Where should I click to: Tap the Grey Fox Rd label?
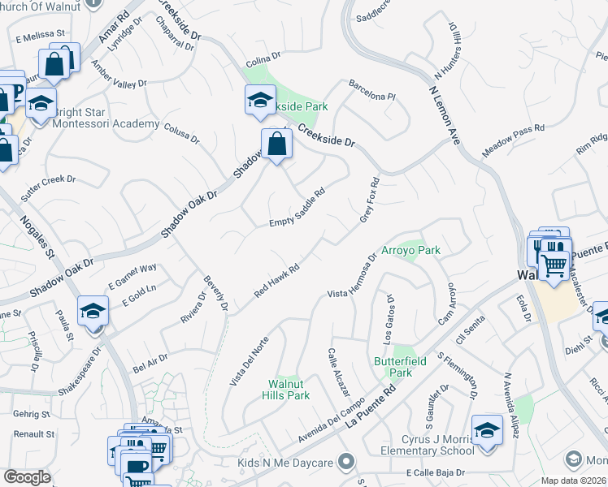point(370,202)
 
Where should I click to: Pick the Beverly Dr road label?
point(215,291)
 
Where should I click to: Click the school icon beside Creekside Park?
point(260,101)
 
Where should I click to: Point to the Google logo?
point(27,477)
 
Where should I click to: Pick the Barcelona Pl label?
point(371,90)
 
